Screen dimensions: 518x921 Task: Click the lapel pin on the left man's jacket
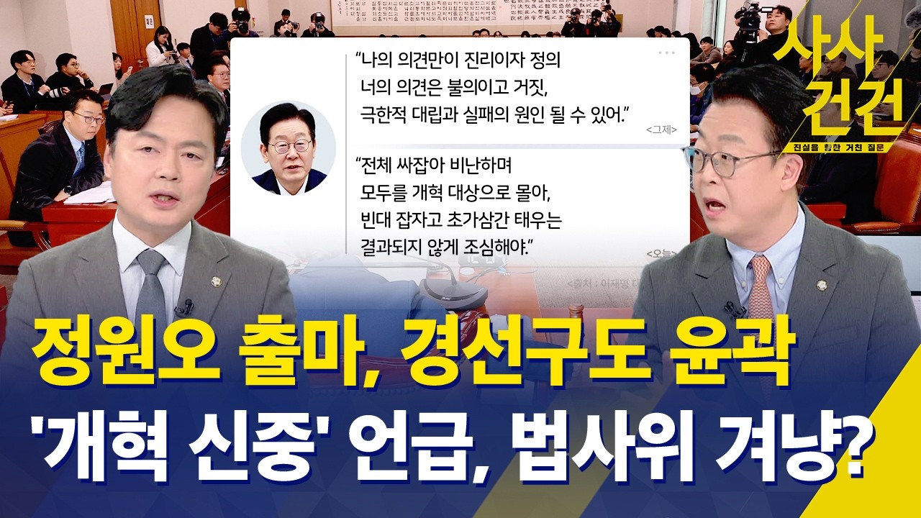[x=214, y=279]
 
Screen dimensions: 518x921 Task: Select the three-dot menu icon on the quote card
[x=667, y=52]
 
